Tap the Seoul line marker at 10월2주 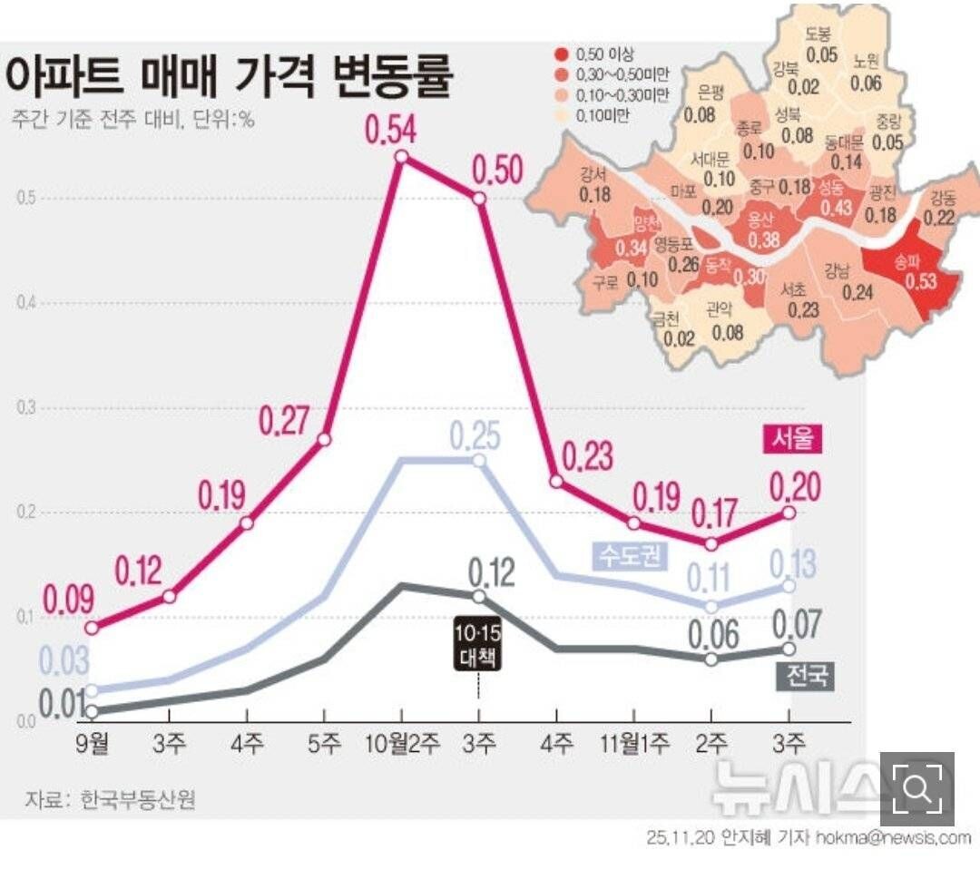(401, 157)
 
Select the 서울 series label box (791, 438)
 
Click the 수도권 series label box (629, 554)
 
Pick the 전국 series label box (806, 676)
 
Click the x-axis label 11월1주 (634, 745)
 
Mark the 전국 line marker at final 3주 (789, 649)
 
